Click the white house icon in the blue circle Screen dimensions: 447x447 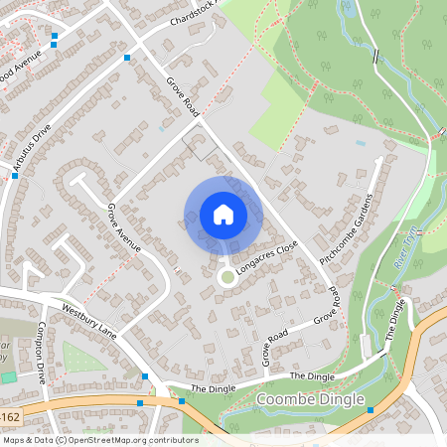tap(223, 215)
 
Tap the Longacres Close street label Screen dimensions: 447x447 tap(267, 258)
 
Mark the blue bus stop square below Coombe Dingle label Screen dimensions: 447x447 tap(369, 410)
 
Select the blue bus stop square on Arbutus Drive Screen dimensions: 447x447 tap(15, 175)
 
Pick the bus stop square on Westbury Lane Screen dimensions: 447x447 tap(145, 376)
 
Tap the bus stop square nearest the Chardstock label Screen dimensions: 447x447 tap(127, 58)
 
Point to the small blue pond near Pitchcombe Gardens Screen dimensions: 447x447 tap(359, 143)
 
